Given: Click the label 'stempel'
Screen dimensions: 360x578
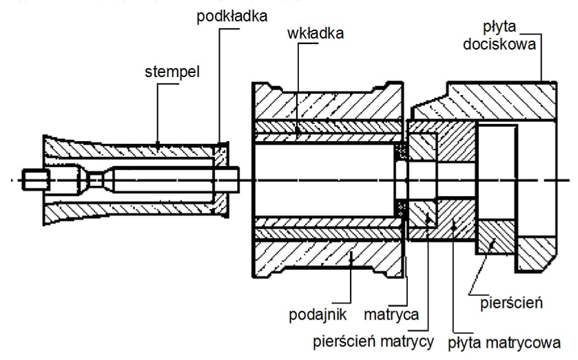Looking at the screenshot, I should coord(172,72).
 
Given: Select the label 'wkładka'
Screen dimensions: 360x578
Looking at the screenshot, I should coord(316,32).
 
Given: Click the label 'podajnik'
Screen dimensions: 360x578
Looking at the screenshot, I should coord(316,316).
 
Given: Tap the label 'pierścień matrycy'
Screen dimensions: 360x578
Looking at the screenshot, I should coord(373,341).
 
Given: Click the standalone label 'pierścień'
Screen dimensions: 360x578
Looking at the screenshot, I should coord(510,301).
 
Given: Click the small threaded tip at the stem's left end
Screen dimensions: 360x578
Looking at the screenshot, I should coord(34,181).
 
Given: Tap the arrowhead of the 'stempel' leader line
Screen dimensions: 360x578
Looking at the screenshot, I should coord(157,147).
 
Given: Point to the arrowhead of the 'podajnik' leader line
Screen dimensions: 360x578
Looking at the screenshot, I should coord(351,255).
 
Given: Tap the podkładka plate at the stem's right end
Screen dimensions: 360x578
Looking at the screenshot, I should coord(220,180).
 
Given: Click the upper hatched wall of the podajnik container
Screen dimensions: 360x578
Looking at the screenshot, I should coord(324,103).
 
